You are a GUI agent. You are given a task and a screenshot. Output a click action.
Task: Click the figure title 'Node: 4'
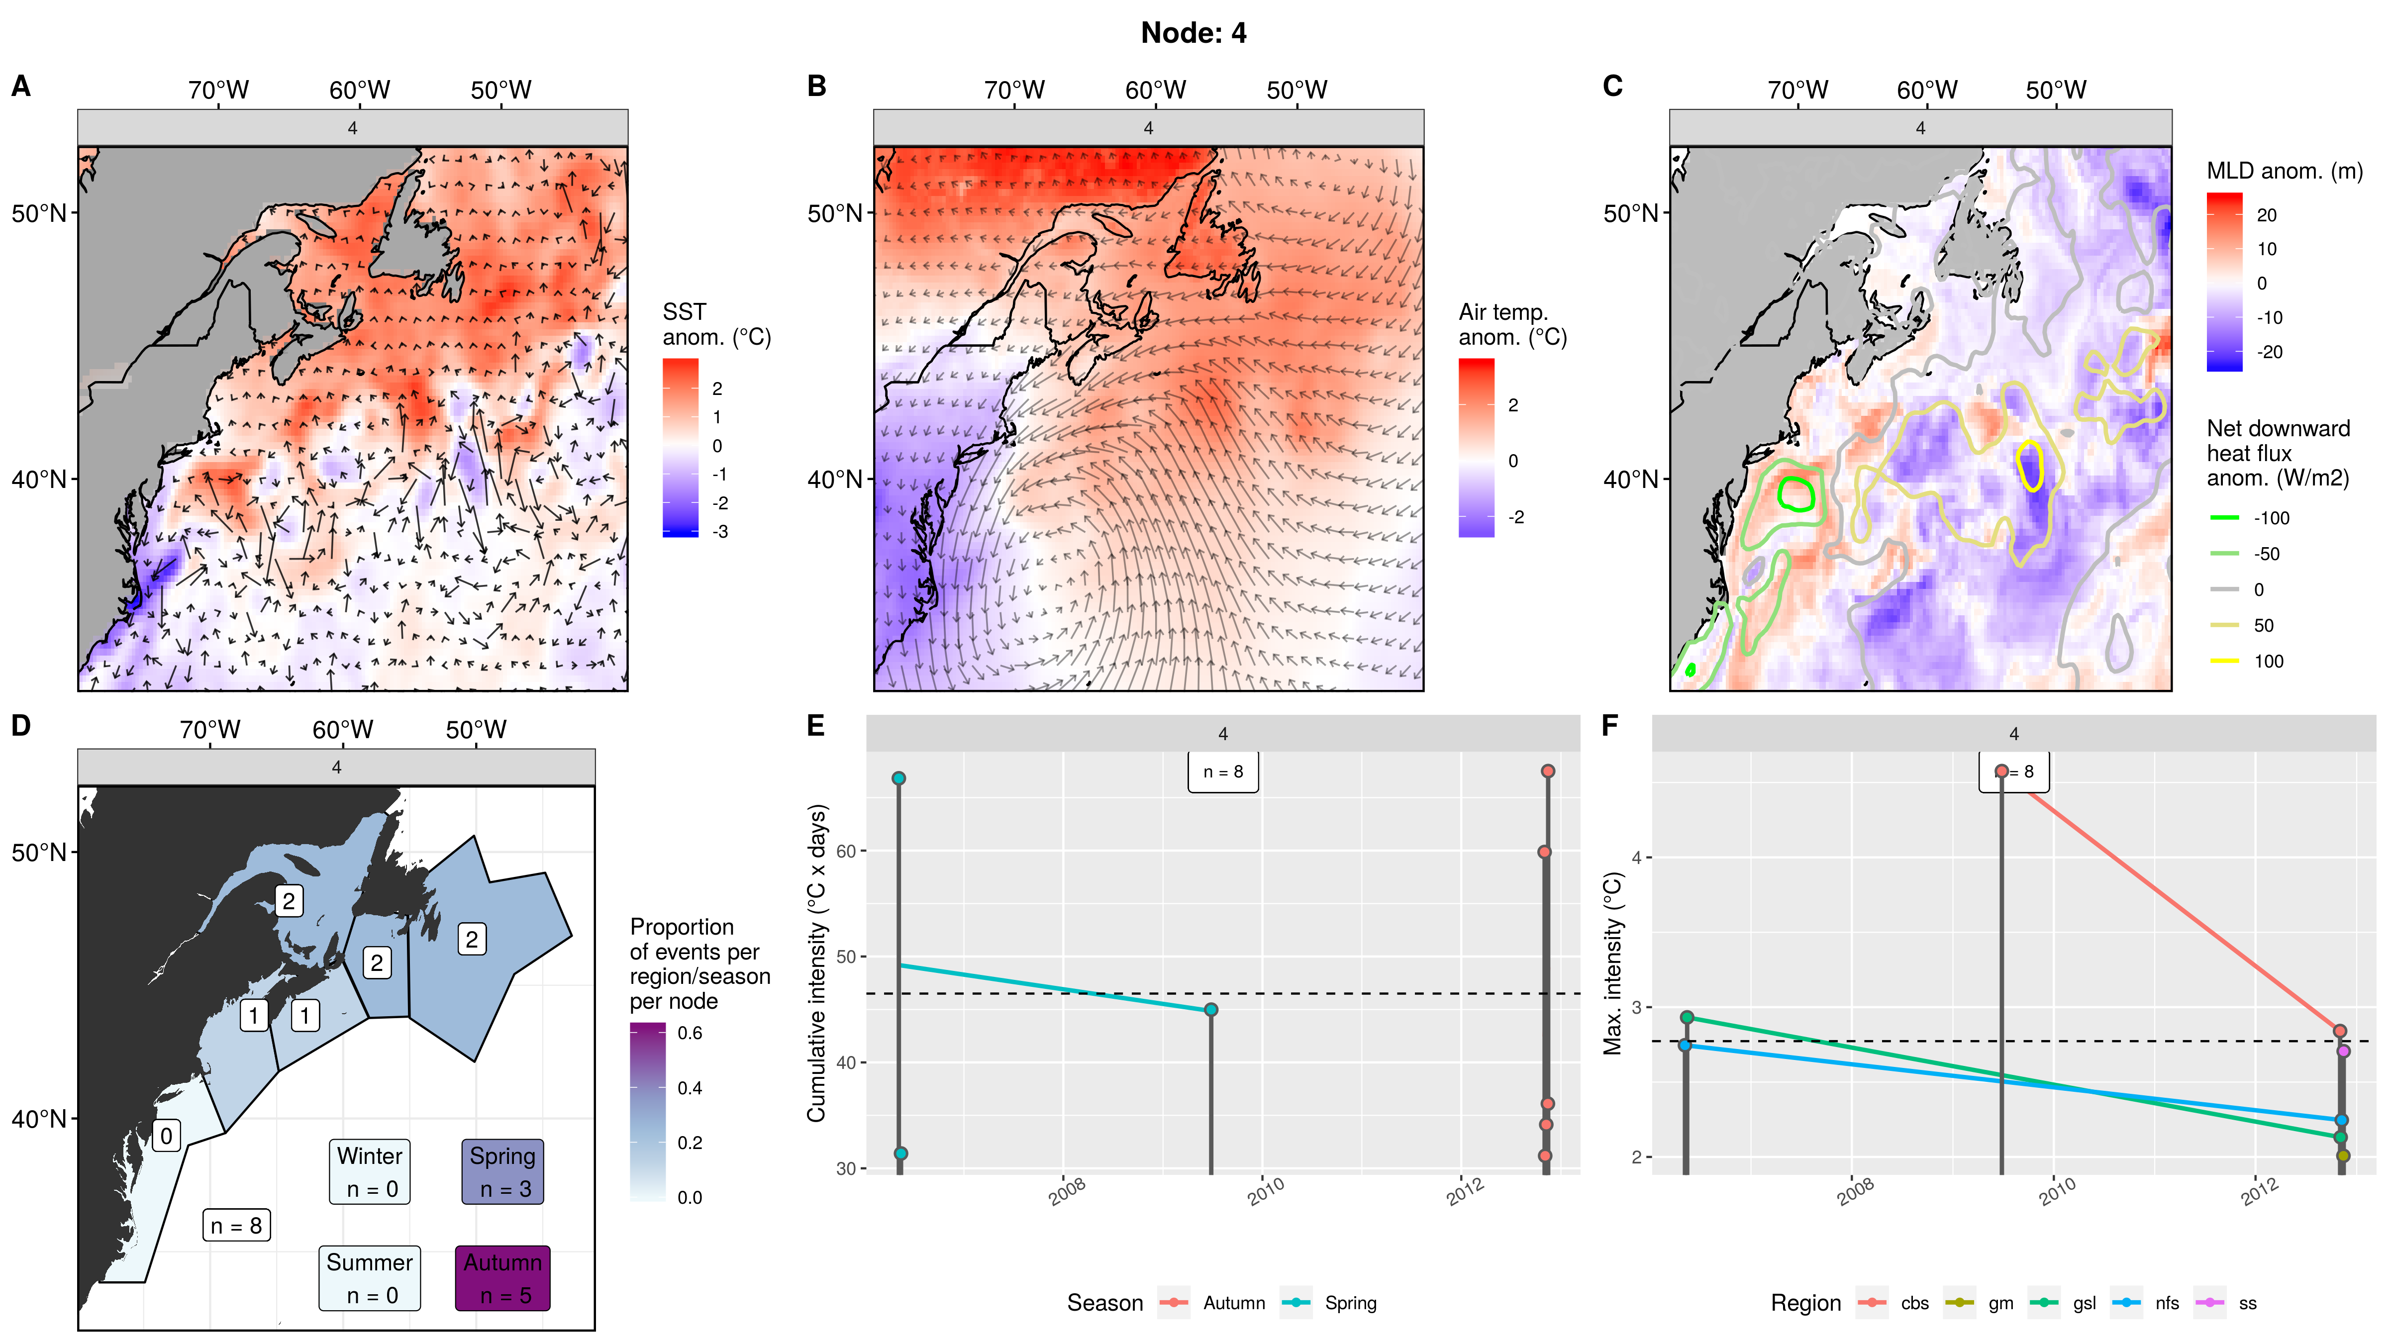(x=1193, y=33)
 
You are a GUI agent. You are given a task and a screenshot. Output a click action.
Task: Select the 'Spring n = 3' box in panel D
(x=502, y=1171)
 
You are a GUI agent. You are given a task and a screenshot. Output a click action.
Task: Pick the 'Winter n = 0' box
(x=370, y=1171)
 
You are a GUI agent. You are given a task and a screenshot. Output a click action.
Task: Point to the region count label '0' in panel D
(x=166, y=1136)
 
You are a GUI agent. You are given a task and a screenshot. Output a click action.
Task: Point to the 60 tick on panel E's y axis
(x=846, y=851)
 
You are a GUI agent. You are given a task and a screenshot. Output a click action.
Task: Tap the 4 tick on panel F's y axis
(x=1636, y=858)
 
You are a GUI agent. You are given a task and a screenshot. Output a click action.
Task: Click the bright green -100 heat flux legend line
(x=2225, y=518)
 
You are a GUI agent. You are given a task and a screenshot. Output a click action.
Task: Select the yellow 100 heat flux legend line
(x=2225, y=661)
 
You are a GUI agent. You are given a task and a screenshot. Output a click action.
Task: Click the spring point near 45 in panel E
(x=1211, y=1009)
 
